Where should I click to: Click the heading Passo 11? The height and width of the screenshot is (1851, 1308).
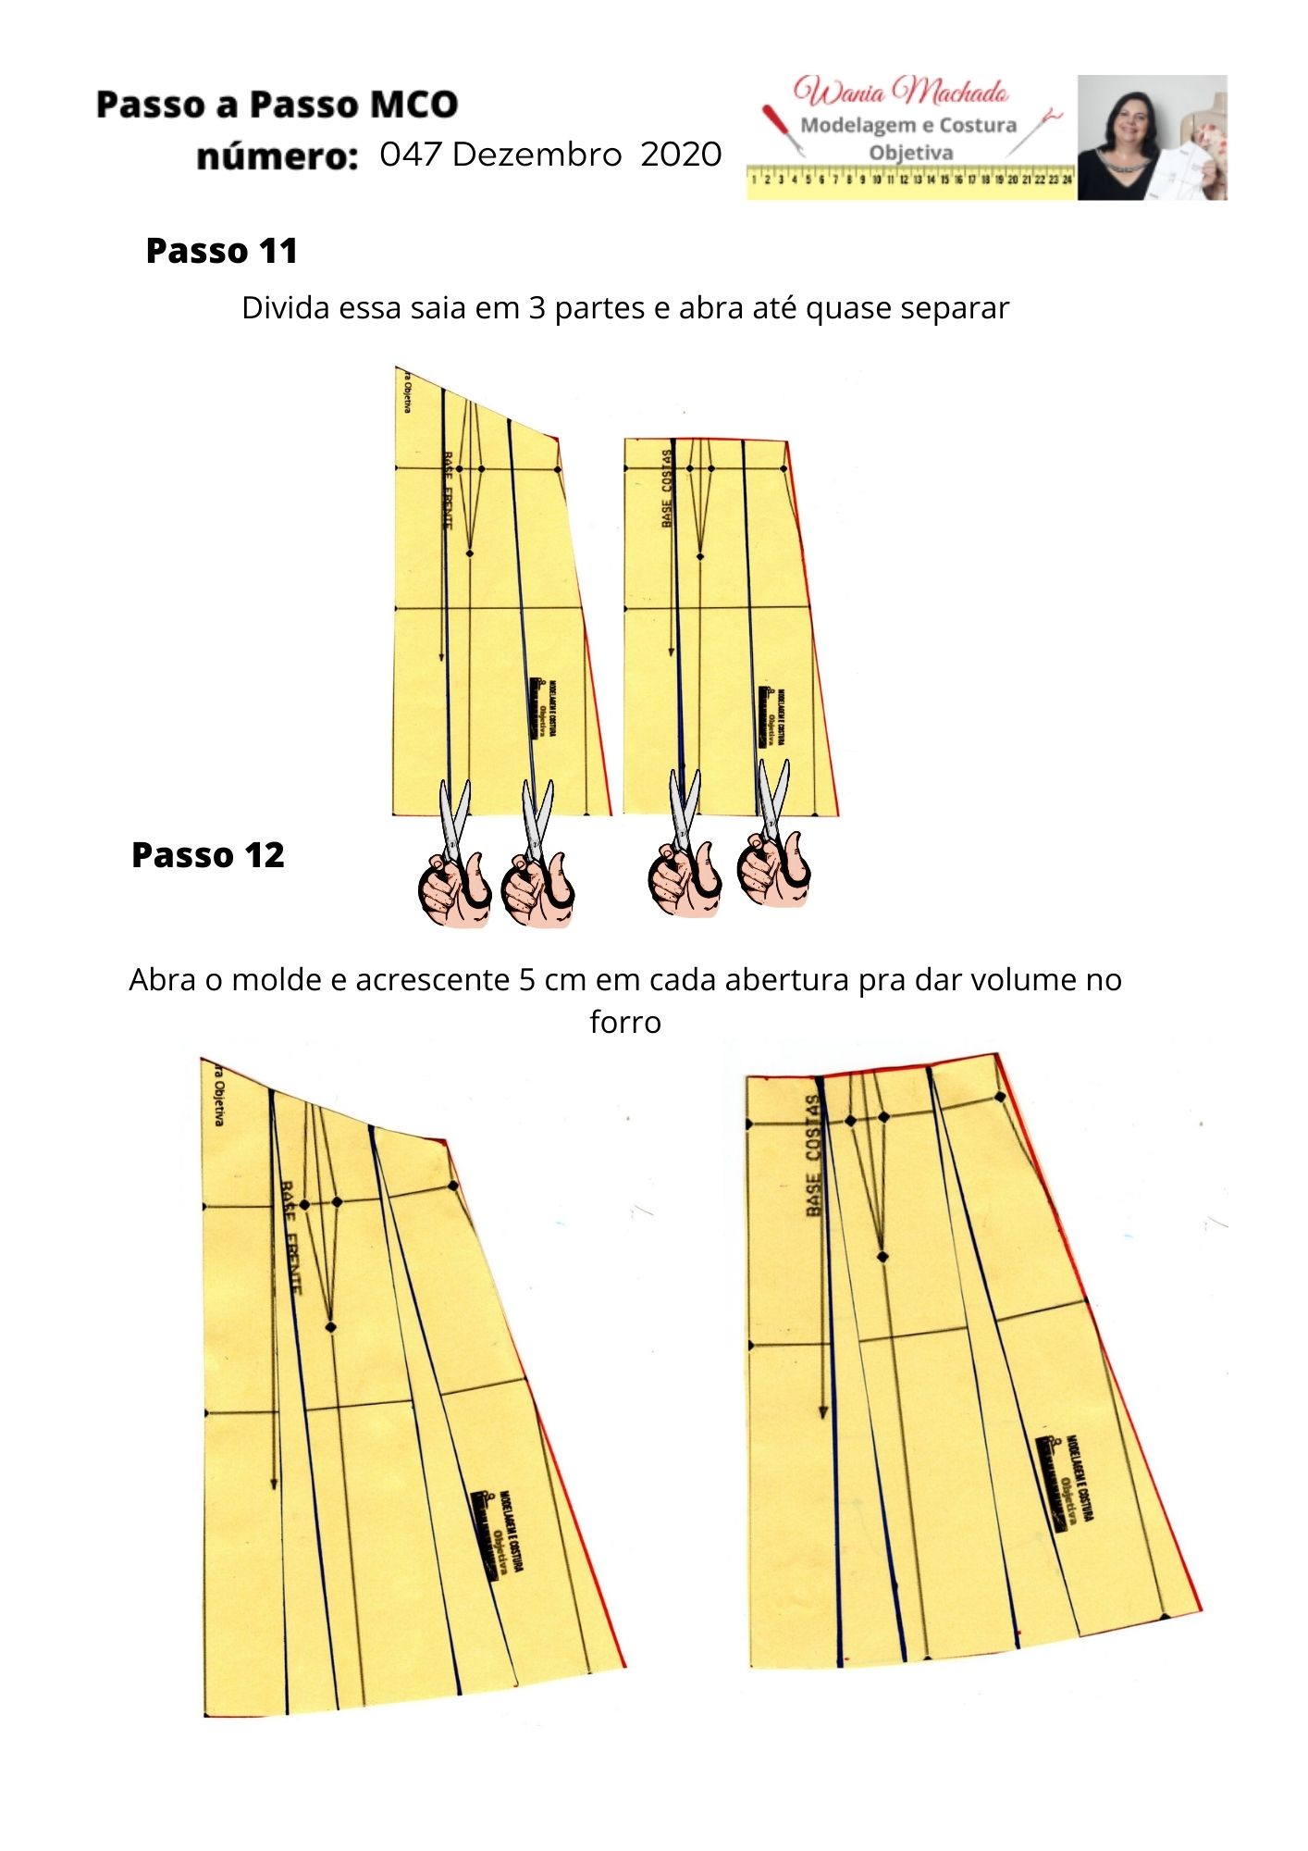click(x=222, y=251)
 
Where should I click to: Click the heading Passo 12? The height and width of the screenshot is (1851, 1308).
click(x=208, y=855)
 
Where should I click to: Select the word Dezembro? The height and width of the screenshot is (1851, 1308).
click(x=537, y=154)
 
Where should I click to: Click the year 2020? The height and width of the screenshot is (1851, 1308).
click(x=680, y=154)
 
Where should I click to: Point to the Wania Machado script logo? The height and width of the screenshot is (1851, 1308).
click(x=902, y=93)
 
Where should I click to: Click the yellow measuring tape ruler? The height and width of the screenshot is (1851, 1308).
click(x=911, y=180)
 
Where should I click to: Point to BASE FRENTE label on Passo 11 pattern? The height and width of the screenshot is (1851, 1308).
click(x=448, y=491)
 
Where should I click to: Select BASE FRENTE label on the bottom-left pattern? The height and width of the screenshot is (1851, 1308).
click(x=290, y=1236)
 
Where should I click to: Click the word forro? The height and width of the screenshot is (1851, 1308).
click(x=625, y=1023)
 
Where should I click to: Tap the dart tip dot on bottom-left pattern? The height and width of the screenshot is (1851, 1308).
click(x=331, y=1327)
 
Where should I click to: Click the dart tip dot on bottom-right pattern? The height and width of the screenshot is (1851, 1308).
click(x=882, y=1258)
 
